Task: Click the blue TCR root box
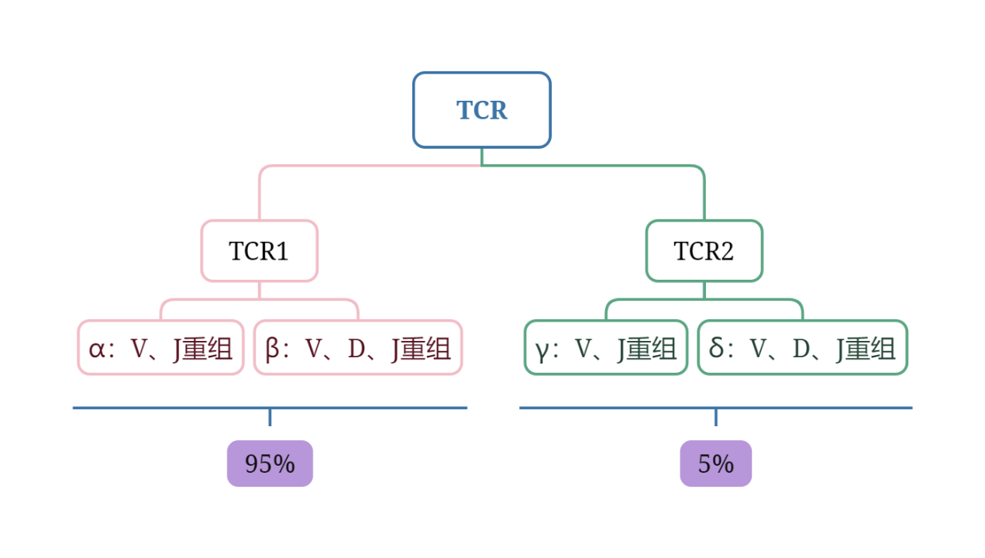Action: click(481, 110)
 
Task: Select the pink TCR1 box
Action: click(259, 251)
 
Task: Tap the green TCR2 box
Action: click(704, 251)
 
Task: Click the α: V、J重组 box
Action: click(160, 348)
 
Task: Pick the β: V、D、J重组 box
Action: click(358, 348)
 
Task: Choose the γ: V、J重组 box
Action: click(605, 348)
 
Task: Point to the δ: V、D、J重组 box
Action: click(802, 348)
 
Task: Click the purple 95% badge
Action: click(270, 463)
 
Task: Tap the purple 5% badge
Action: click(715, 463)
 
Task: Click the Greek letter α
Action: click(96, 350)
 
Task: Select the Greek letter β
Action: click(273, 350)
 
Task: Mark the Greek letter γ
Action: click(542, 351)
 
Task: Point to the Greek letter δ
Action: click(717, 349)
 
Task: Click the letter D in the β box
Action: click(356, 350)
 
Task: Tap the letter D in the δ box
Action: click(801, 350)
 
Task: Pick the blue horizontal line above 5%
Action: click(814, 408)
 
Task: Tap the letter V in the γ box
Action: click(583, 350)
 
